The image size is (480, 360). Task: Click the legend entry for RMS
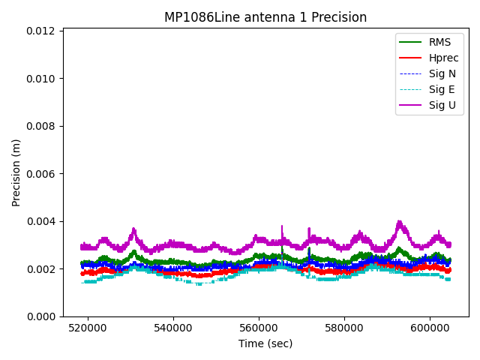pyautogui.click(x=439, y=42)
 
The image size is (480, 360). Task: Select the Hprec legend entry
pyautogui.click(x=443, y=58)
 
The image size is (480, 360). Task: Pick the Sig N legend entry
pyautogui.click(x=442, y=73)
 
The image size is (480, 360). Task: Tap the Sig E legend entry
pyautogui.click(x=442, y=89)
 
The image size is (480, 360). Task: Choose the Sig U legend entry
pyautogui.click(x=442, y=105)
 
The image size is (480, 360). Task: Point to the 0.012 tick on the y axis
pyautogui.click(x=43, y=31)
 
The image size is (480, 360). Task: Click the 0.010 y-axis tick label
pyautogui.click(x=43, y=79)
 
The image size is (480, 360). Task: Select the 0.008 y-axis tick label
pyautogui.click(x=43, y=126)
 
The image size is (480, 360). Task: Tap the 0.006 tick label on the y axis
pyautogui.click(x=43, y=174)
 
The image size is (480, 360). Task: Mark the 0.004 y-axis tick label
pyautogui.click(x=43, y=221)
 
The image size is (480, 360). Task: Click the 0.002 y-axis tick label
pyautogui.click(x=43, y=269)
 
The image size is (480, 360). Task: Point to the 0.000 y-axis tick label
pyautogui.click(x=43, y=316)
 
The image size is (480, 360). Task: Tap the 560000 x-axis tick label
pyautogui.click(x=259, y=328)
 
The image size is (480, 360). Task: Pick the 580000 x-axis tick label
pyautogui.click(x=345, y=328)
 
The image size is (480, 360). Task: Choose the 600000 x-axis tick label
pyautogui.click(x=430, y=328)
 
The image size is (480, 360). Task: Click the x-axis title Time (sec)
pyautogui.click(x=265, y=343)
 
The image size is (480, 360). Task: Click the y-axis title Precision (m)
pyautogui.click(x=16, y=172)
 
